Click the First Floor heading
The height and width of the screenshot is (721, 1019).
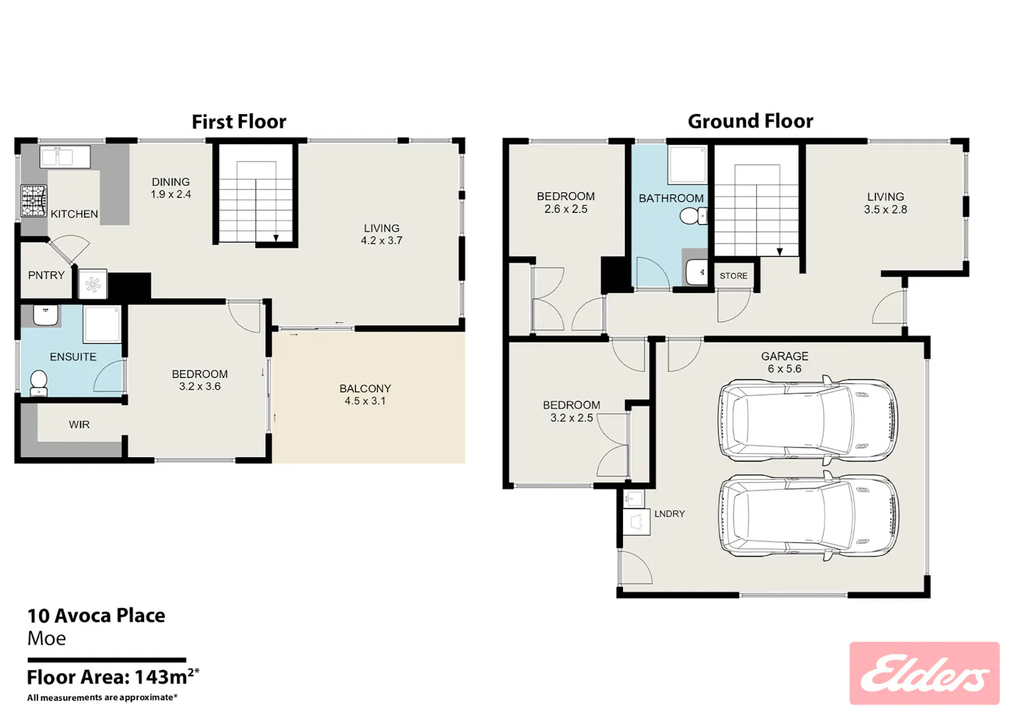[239, 122]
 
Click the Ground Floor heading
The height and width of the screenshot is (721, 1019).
[750, 121]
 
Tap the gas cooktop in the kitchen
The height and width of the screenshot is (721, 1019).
[34, 200]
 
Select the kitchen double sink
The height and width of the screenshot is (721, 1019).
[65, 157]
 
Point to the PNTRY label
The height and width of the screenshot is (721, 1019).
[46, 275]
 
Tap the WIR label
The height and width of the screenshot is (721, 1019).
[79, 425]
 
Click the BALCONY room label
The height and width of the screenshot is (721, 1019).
[365, 388]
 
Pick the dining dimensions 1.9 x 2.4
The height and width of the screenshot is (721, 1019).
[171, 194]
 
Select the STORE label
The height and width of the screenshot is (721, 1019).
[733, 276]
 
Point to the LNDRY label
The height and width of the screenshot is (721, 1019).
[669, 514]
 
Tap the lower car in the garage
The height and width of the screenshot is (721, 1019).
[808, 516]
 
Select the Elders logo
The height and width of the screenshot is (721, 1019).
[925, 673]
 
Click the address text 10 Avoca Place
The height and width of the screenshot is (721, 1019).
[96, 616]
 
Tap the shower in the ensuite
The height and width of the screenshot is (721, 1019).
[102, 324]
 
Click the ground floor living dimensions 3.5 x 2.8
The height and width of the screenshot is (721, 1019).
[885, 209]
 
